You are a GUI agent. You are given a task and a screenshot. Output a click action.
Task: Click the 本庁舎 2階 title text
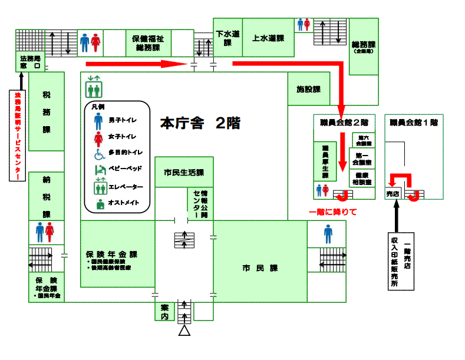tap(200, 124)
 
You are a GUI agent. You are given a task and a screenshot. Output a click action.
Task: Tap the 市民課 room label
tap(260, 268)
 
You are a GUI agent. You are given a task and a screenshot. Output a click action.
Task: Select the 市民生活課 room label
tap(184, 173)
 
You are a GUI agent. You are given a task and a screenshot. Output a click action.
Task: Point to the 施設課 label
tap(308, 90)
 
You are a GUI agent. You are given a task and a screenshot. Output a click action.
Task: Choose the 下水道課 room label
tap(227, 38)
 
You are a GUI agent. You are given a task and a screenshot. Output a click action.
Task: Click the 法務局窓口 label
tap(30, 63)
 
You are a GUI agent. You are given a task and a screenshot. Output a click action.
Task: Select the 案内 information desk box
tap(164, 312)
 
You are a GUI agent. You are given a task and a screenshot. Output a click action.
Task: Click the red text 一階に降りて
tap(333, 212)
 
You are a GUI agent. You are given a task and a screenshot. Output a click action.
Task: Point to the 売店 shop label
tap(393, 194)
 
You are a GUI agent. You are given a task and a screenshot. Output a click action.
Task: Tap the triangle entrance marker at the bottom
tap(184, 332)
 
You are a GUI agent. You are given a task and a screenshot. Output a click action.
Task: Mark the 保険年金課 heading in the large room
tap(112, 255)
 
